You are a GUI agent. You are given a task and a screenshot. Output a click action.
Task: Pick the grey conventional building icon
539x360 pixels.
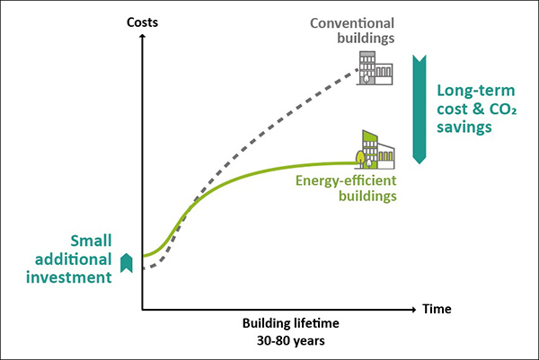click(371, 67)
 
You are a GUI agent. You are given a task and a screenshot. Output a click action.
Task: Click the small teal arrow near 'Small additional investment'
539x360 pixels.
click(128, 261)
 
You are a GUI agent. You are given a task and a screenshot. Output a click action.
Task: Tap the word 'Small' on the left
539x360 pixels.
click(92, 241)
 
